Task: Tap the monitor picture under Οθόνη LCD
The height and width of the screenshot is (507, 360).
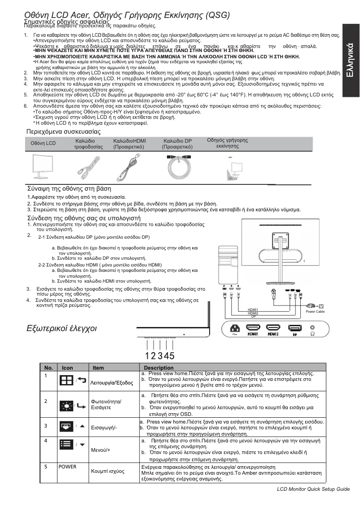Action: pyautogui.click(x=43, y=167)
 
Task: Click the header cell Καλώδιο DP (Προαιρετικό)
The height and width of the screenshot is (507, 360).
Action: pyautogui.click(x=177, y=144)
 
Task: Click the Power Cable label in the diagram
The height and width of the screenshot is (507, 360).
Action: pyautogui.click(x=314, y=311)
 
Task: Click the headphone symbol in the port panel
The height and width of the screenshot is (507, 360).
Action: pyautogui.click(x=312, y=334)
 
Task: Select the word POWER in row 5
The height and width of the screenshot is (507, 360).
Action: pyautogui.click(x=67, y=467)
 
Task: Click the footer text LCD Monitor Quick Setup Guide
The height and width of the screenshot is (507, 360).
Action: pyautogui.click(x=313, y=489)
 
